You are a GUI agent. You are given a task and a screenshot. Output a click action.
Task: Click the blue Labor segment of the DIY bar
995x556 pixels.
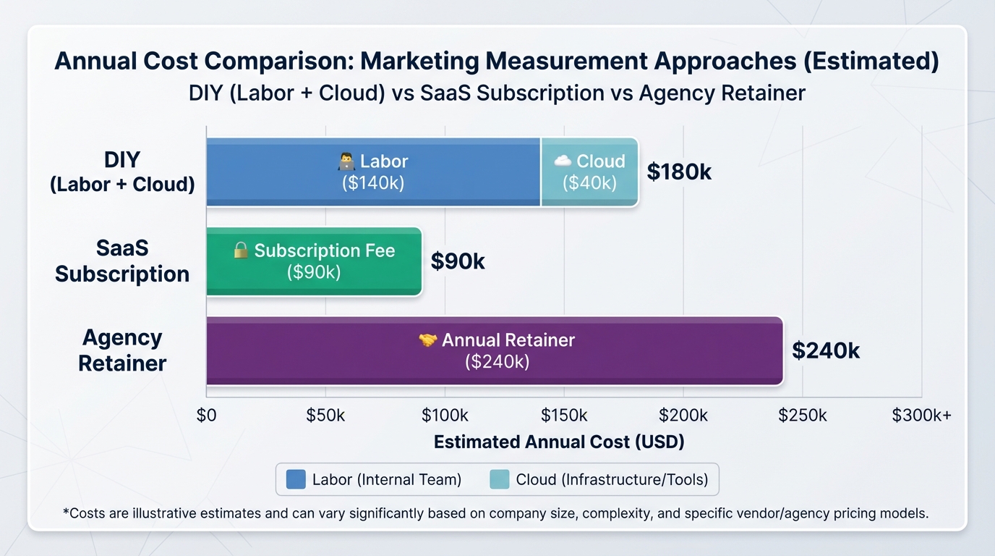(373, 172)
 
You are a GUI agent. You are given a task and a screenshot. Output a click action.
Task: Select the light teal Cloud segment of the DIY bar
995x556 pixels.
(589, 172)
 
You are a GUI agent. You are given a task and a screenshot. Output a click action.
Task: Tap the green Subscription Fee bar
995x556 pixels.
(313, 261)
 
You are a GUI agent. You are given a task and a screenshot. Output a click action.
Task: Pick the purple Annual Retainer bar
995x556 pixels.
(495, 350)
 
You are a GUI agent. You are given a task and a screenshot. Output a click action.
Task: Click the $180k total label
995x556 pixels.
(679, 172)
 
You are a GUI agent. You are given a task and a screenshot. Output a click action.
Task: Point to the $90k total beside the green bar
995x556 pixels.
(458, 261)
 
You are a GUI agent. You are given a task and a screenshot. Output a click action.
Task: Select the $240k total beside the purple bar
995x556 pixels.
(826, 351)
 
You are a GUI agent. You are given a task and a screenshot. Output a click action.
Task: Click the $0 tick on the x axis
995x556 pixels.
(207, 415)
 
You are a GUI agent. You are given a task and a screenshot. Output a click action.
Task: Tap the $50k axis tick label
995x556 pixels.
(326, 415)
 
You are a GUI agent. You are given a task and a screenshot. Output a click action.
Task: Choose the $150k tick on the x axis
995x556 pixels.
(564, 415)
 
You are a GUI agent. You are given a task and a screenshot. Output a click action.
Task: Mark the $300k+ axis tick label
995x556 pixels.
(921, 415)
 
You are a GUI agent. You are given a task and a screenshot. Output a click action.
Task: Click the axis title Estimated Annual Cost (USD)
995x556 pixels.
(559, 442)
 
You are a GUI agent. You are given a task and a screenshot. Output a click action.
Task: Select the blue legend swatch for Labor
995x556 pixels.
(296, 479)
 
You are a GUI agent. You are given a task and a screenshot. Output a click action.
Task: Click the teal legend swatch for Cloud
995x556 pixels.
(500, 479)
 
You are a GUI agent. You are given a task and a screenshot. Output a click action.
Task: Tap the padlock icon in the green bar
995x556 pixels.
(241, 250)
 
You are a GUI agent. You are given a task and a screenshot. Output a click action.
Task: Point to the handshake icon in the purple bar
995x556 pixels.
(428, 340)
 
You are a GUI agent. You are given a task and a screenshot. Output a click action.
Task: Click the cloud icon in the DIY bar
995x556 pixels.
(563, 161)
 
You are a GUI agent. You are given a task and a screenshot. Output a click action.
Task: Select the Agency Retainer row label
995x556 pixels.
(122, 350)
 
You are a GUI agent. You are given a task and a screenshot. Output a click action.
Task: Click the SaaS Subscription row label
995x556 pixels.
(122, 261)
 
